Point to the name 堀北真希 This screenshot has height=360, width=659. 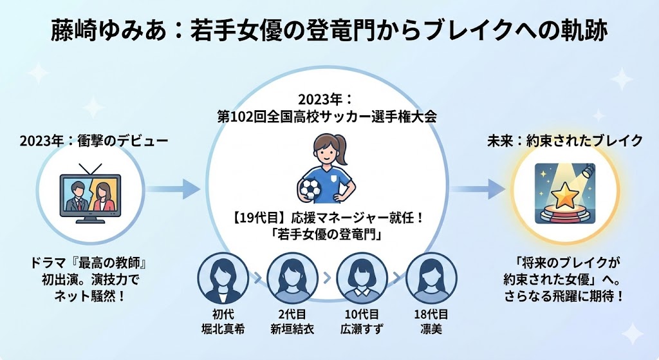220,330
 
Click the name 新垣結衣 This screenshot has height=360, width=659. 289,330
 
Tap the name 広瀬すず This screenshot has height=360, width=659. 358,330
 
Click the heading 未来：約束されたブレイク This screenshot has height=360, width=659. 564,140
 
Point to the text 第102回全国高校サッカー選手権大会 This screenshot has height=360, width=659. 328,117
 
